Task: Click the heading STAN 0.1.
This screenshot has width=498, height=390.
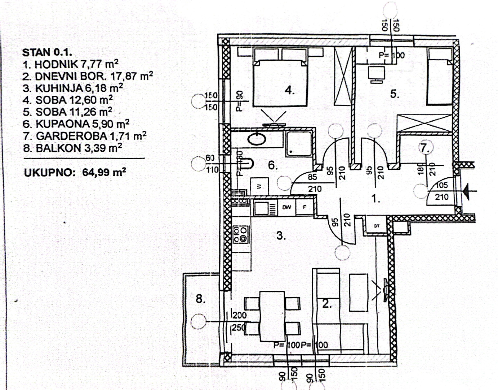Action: point(47,52)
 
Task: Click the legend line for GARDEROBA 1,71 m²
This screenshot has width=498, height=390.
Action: point(91,136)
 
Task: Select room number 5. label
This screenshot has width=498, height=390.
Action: point(395,94)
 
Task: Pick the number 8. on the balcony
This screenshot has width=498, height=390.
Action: point(200,299)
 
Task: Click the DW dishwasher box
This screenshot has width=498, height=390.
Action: point(287,208)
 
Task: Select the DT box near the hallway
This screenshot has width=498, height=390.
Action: point(377,226)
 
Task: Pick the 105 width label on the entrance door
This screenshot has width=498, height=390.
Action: point(441,185)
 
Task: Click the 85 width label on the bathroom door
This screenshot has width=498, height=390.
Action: point(312,177)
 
